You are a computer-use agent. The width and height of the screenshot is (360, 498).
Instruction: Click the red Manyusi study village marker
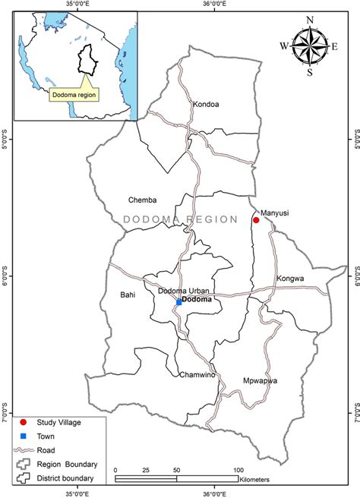pyautogui.click(x=256, y=220)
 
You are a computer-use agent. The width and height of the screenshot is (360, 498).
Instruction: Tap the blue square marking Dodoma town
pyautogui.click(x=179, y=302)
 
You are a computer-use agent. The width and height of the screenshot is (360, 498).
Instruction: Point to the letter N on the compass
pyautogui.click(x=309, y=20)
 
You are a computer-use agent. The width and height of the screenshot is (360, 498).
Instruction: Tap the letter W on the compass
pyautogui.click(x=284, y=46)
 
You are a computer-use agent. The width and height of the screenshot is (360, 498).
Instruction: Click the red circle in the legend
pyautogui.click(x=24, y=422)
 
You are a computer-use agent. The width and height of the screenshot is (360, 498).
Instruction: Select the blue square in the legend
pyautogui.click(x=24, y=437)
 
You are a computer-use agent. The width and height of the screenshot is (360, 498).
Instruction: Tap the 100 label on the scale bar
pyautogui.click(x=239, y=471)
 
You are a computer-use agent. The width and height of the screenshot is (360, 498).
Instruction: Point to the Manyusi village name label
pyautogui.click(x=275, y=213)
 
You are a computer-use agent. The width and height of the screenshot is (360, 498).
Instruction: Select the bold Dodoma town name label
pyautogui.click(x=197, y=300)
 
